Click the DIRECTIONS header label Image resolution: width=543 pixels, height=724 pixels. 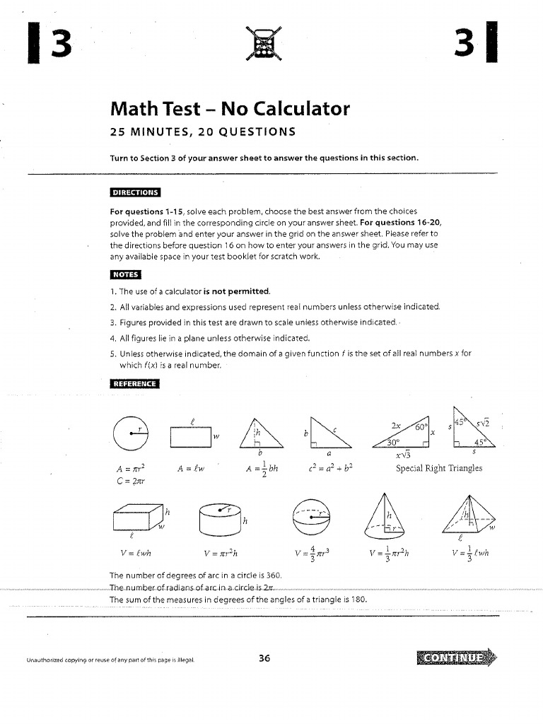tap(135, 192)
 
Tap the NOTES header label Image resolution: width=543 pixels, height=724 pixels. tap(125, 274)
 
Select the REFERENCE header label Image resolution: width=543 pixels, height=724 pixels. tap(135, 384)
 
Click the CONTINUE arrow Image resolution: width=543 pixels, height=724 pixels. tap(456, 659)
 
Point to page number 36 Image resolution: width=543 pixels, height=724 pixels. tap(264, 658)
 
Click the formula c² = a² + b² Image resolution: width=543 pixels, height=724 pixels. tap(330, 468)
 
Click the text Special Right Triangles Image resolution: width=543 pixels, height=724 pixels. tap(439, 468)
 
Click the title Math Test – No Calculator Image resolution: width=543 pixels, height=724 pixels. tap(230, 109)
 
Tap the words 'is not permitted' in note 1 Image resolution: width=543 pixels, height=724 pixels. tap(236, 291)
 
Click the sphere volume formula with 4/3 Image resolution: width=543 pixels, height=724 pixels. tap(311, 554)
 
